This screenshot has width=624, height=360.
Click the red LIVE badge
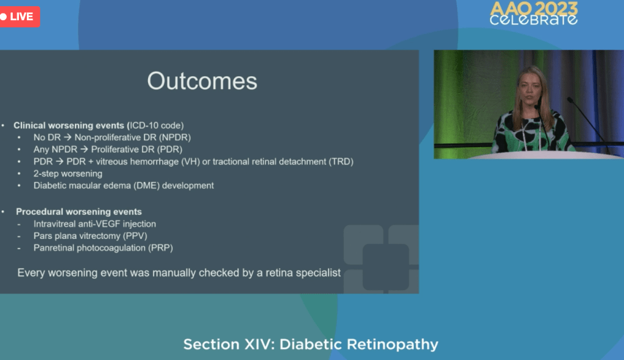click(19, 16)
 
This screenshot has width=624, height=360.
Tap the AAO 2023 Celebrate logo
click(534, 13)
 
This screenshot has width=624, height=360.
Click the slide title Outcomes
click(202, 81)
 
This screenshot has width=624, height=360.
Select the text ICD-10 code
click(155, 125)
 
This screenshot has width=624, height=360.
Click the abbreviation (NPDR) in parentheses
click(175, 137)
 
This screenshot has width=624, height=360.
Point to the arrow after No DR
click(68, 137)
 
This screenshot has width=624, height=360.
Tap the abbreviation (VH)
click(191, 161)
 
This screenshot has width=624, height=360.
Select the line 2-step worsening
click(68, 174)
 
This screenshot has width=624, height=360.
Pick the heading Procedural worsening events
click(79, 211)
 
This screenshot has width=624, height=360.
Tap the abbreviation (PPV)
click(135, 236)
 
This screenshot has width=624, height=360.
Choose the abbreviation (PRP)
click(160, 248)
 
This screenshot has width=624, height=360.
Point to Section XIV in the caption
click(229, 344)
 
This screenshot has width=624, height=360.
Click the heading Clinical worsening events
click(69, 125)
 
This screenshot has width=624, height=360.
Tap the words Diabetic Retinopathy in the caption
click(358, 345)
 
